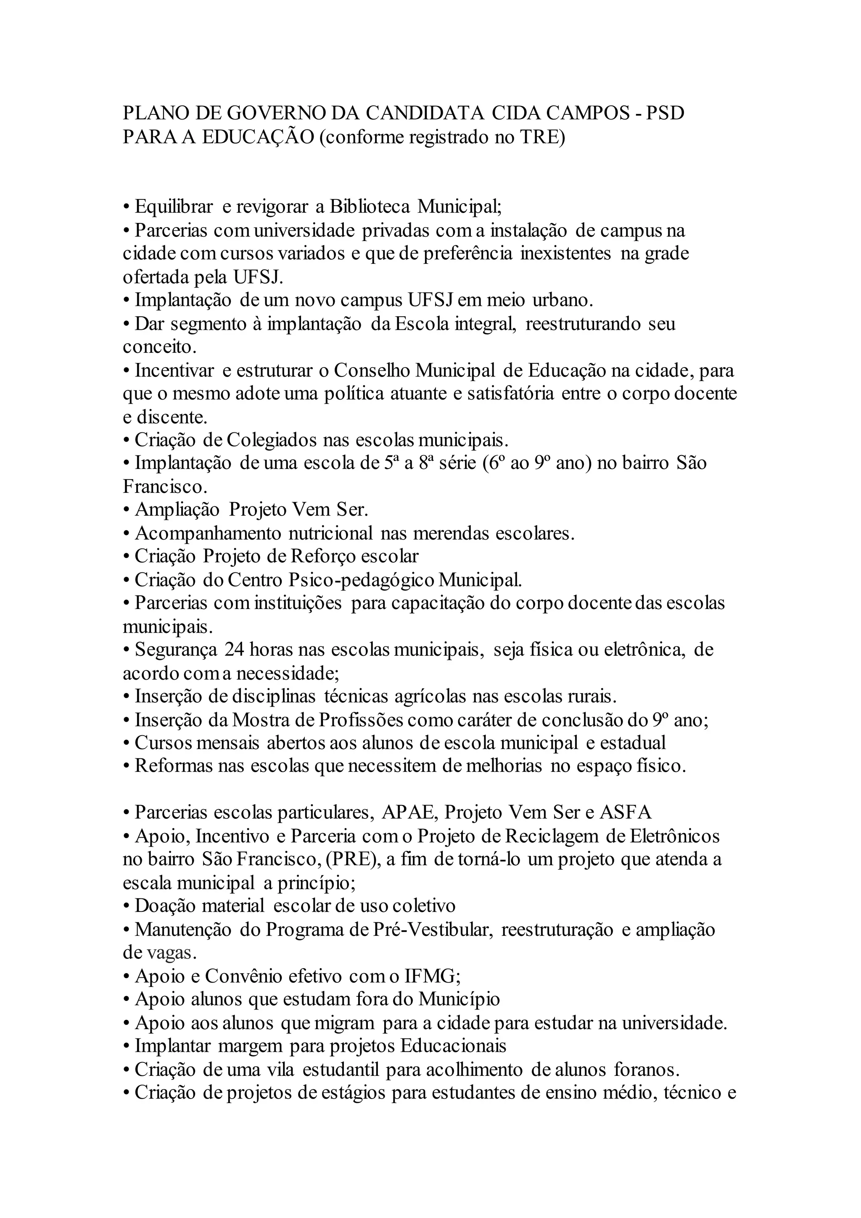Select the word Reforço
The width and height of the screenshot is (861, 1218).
tap(322, 556)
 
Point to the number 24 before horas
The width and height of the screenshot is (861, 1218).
tap(234, 649)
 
